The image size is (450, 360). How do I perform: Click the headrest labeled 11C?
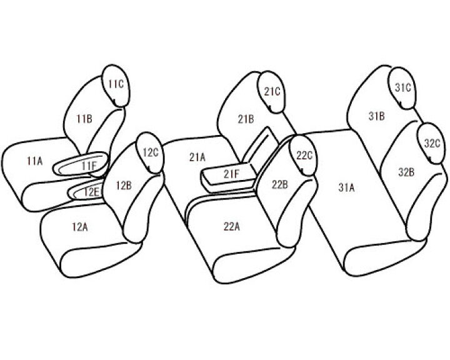(116, 86)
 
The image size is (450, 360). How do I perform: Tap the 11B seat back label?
(84, 119)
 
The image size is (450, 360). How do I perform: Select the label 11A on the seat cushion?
(34, 161)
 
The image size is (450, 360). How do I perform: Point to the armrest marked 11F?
(81, 164)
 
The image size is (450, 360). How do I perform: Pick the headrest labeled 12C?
(150, 152)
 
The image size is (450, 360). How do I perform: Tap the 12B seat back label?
(124, 186)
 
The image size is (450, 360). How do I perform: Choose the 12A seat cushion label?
(80, 227)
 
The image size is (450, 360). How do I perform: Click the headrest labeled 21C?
(272, 92)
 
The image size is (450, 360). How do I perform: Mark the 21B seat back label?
(246, 119)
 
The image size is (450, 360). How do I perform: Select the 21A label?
(197, 157)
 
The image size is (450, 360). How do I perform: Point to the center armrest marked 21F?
(229, 177)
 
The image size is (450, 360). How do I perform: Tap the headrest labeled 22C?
(304, 155)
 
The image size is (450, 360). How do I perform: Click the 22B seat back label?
(280, 184)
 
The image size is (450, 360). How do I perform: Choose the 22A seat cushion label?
(232, 227)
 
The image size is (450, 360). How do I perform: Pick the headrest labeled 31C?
(402, 88)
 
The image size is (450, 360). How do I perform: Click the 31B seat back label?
(376, 116)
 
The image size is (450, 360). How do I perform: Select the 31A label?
(346, 187)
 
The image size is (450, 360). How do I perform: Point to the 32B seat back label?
(406, 172)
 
